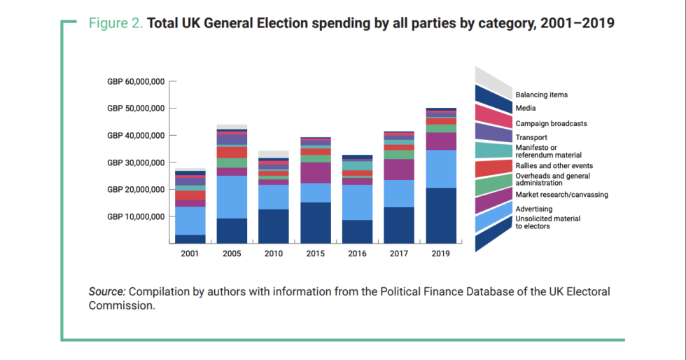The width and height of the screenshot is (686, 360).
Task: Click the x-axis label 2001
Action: [190, 254]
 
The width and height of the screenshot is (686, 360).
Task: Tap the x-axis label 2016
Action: [357, 254]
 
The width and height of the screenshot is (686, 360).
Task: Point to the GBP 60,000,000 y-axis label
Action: [136, 82]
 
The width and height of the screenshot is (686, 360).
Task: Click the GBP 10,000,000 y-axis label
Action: [136, 216]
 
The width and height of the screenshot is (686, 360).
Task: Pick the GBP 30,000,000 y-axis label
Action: [136, 162]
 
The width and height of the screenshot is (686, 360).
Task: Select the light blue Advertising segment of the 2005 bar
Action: [232, 197]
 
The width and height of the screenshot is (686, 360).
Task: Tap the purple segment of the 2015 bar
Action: [316, 172]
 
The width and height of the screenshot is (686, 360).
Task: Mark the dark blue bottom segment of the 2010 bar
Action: [274, 226]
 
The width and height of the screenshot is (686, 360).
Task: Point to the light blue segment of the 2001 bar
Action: [190, 221]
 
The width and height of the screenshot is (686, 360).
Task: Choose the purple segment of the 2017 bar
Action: [399, 169]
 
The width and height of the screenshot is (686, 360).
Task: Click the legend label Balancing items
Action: [541, 95]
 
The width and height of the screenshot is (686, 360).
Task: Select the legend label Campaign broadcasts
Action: [551, 123]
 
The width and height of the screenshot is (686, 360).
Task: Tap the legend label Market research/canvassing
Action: [561, 194]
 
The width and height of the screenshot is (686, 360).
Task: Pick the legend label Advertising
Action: [533, 209]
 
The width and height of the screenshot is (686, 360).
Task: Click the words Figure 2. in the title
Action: [115, 23]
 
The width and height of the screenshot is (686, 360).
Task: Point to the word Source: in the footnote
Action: [107, 291]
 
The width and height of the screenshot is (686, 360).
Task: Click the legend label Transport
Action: [531, 137]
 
